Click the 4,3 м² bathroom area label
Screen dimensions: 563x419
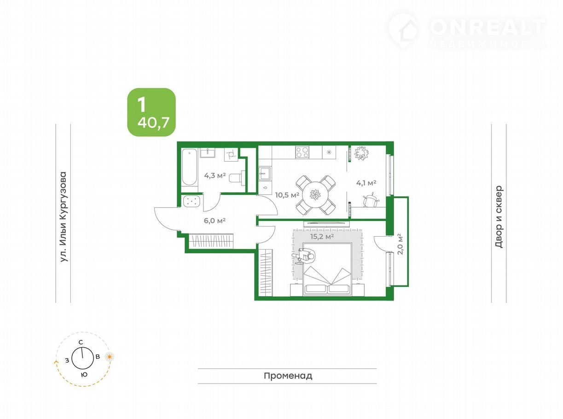click(x=215, y=175)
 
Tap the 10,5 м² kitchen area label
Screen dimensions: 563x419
click(x=287, y=195)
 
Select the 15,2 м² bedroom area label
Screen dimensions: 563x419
click(x=322, y=236)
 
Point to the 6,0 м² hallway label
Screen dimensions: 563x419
click(x=215, y=221)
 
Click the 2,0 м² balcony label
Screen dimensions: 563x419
click(x=400, y=244)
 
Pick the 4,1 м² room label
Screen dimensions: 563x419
click(x=366, y=183)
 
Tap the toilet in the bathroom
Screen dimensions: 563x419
click(x=237, y=177)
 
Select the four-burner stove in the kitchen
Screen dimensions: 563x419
click(x=302, y=152)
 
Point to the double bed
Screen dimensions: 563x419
click(x=327, y=269)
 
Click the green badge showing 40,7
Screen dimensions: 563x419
click(x=151, y=112)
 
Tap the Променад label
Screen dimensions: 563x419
click(x=288, y=376)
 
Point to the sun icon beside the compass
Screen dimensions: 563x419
click(x=110, y=357)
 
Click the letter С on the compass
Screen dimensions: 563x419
click(x=81, y=342)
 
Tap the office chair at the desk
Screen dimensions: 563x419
click(x=371, y=200)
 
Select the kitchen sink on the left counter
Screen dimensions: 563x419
click(x=265, y=174)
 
